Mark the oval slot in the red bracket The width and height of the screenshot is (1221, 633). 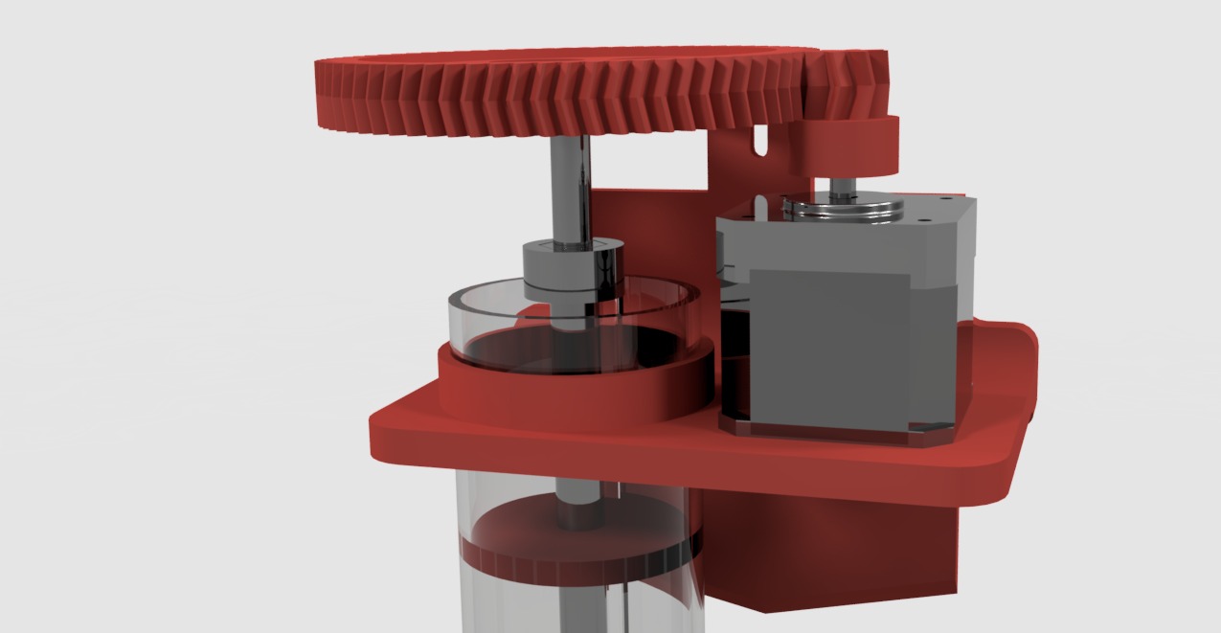click(x=761, y=140)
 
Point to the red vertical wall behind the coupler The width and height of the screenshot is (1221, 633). click(x=651, y=230)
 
